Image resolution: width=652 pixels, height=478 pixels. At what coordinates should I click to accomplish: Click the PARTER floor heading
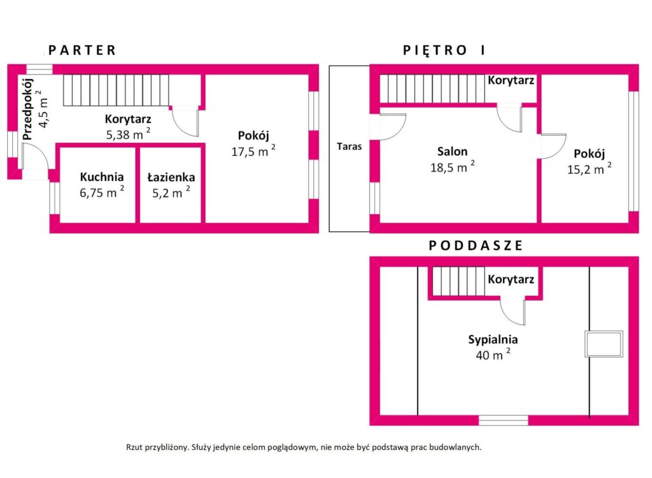[82, 50]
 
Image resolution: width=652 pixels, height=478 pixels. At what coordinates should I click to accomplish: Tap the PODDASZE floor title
[475, 245]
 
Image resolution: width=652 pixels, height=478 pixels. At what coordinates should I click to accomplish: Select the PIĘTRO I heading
[444, 50]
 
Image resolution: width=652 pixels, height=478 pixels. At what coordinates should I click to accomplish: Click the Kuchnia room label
[102, 177]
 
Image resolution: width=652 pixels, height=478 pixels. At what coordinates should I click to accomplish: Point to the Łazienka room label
[171, 177]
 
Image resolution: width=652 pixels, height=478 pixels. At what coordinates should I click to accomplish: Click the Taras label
[350, 146]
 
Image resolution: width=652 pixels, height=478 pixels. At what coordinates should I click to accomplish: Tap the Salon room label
[452, 151]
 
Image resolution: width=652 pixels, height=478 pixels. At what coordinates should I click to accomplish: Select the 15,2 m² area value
[589, 169]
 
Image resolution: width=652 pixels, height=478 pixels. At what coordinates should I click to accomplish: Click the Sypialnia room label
[493, 339]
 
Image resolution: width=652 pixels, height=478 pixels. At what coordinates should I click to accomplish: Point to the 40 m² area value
[493, 355]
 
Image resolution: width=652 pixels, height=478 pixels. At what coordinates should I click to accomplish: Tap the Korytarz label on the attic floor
[511, 279]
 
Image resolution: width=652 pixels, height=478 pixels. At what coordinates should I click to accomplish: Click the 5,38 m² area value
[128, 134]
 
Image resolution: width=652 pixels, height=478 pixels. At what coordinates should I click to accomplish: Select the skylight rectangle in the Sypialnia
[604, 344]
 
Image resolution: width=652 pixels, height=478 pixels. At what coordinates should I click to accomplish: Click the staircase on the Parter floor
[116, 90]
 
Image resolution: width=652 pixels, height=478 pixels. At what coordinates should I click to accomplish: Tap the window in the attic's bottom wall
[503, 420]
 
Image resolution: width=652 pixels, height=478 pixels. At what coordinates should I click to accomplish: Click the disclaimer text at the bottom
[304, 447]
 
